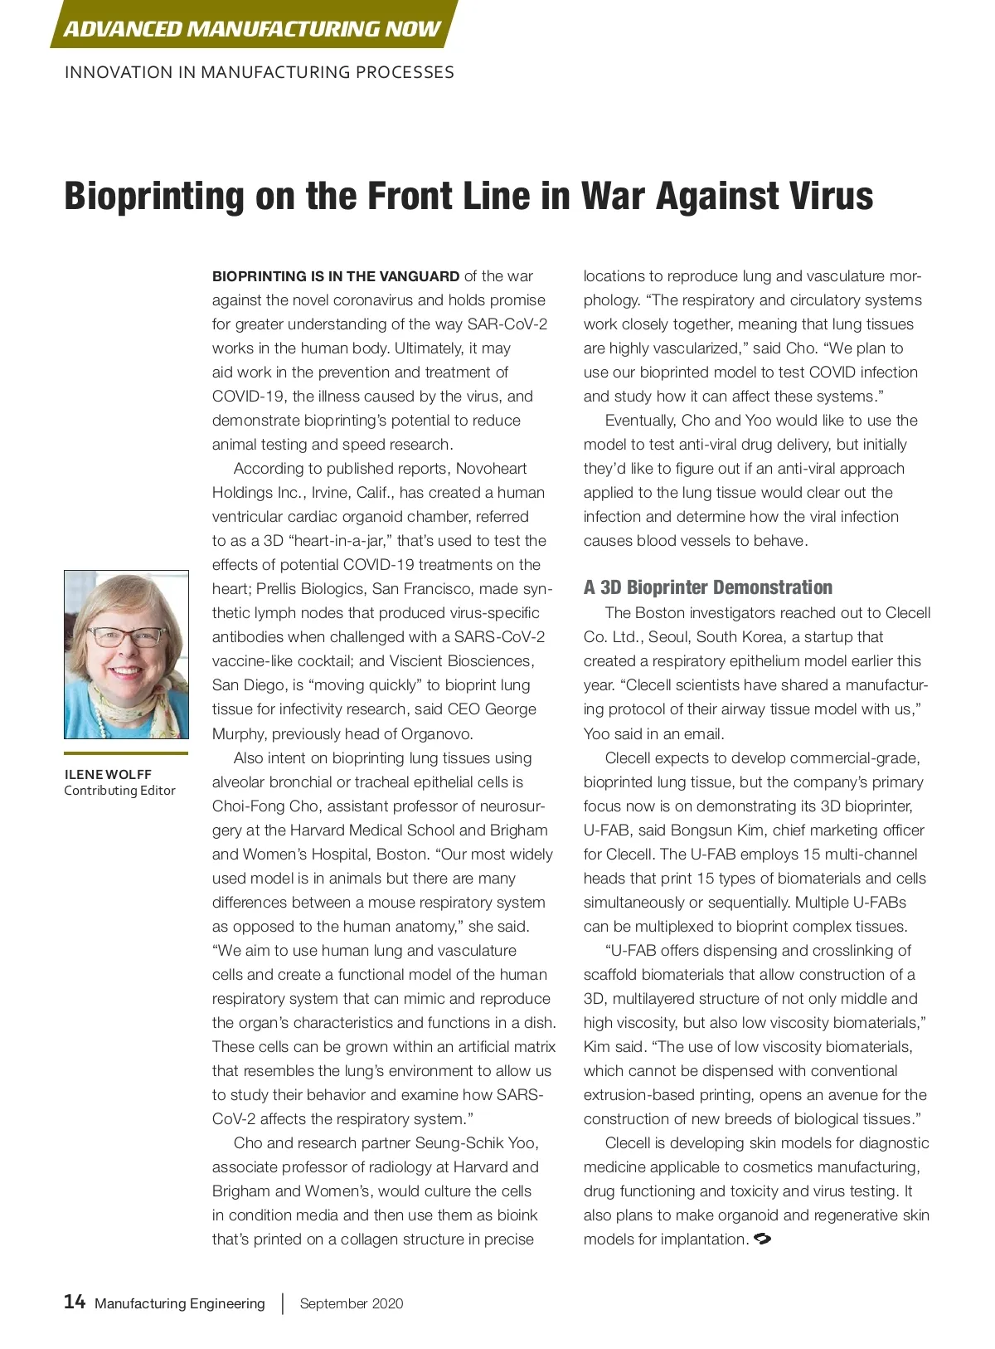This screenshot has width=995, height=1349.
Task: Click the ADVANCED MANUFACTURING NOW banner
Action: (x=252, y=28)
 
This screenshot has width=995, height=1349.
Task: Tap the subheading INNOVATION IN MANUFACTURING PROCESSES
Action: (x=259, y=72)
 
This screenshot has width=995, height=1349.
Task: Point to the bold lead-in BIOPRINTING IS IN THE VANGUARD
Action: (x=336, y=276)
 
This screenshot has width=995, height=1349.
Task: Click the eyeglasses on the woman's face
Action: (x=126, y=636)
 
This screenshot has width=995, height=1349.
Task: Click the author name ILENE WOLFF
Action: (x=108, y=774)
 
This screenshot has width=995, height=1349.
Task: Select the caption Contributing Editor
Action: (x=119, y=790)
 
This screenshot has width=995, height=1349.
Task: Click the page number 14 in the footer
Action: (x=75, y=1301)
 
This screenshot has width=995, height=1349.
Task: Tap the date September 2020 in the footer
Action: (x=352, y=1303)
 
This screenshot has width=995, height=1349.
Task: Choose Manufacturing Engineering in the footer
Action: (x=180, y=1303)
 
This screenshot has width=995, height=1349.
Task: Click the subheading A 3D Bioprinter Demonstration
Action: (x=707, y=587)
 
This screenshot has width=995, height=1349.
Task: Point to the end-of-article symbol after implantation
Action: (x=763, y=1239)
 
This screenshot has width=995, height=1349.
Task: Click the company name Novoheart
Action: (x=491, y=469)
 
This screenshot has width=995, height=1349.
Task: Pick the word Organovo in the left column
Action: (x=437, y=733)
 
